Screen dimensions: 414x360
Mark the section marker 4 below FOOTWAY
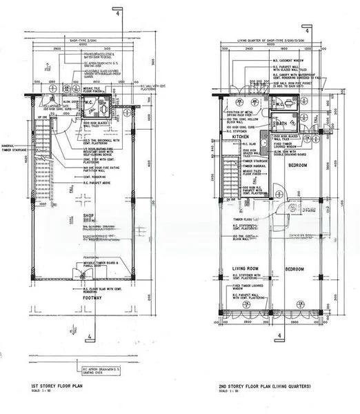(x=91, y=338)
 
